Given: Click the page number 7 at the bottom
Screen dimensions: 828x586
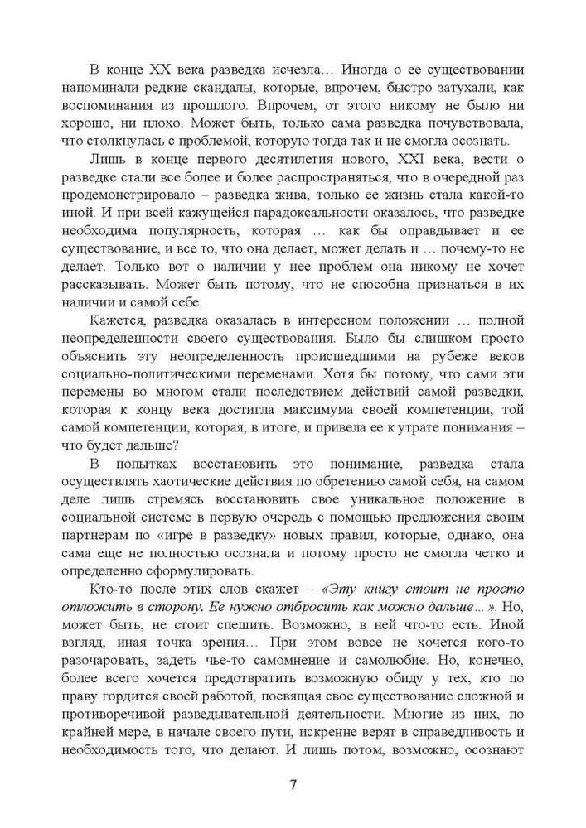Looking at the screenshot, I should click(x=293, y=786).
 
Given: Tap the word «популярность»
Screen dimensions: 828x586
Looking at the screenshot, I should click(x=217, y=228).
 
